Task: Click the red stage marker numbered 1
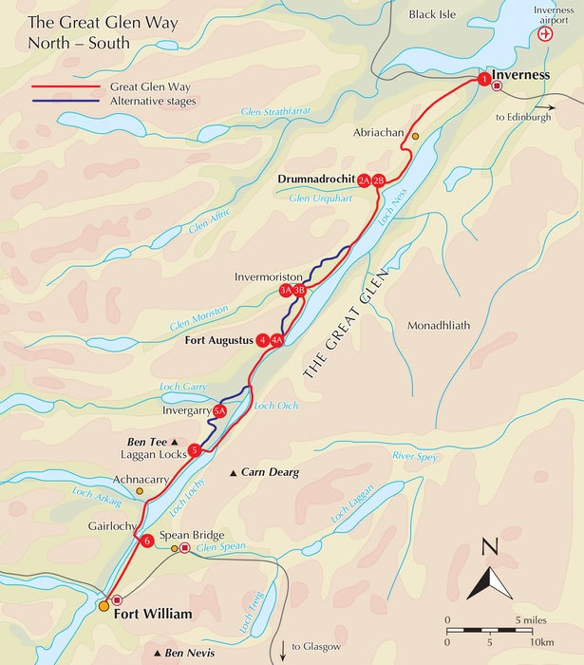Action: tap(484, 80)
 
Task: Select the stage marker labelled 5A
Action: tap(219, 411)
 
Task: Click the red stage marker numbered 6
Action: tap(146, 541)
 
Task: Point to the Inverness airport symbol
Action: tap(544, 34)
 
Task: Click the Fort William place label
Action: tap(153, 615)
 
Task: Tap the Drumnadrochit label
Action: tap(316, 178)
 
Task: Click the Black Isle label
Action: tap(432, 13)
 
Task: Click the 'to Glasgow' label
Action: tap(316, 647)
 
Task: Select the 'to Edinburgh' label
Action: tap(523, 117)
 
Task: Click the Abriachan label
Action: tap(376, 131)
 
